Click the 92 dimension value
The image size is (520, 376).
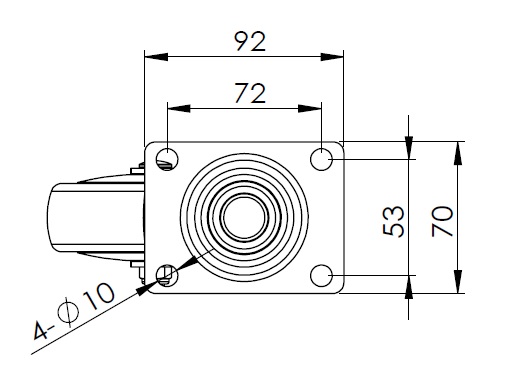[x=250, y=41]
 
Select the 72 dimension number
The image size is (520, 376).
[x=250, y=93]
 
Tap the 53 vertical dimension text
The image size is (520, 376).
[x=393, y=222]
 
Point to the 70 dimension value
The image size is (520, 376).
[x=442, y=222]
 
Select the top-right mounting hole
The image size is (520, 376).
[x=321, y=159]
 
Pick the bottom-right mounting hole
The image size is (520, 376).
[x=321, y=276]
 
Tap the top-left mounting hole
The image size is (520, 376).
[x=167, y=159]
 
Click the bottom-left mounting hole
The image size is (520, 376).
[x=167, y=276]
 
